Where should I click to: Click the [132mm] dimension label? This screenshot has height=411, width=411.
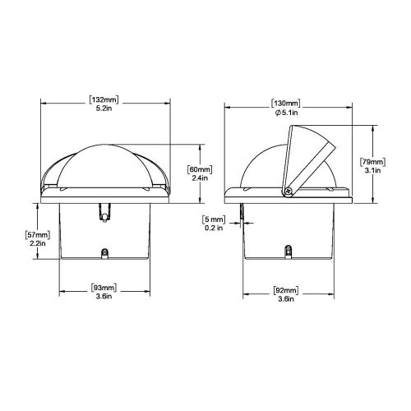tap(104, 100)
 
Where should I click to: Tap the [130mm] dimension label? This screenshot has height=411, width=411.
tap(285, 100)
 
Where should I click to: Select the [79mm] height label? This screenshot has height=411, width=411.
tap(394, 162)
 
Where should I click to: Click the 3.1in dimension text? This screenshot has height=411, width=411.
tap(394, 171)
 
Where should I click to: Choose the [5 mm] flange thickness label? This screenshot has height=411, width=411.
tap(214, 219)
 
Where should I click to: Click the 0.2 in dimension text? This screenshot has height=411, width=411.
tap(214, 229)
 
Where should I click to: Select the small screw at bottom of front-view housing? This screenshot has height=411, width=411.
tap(104, 254)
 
